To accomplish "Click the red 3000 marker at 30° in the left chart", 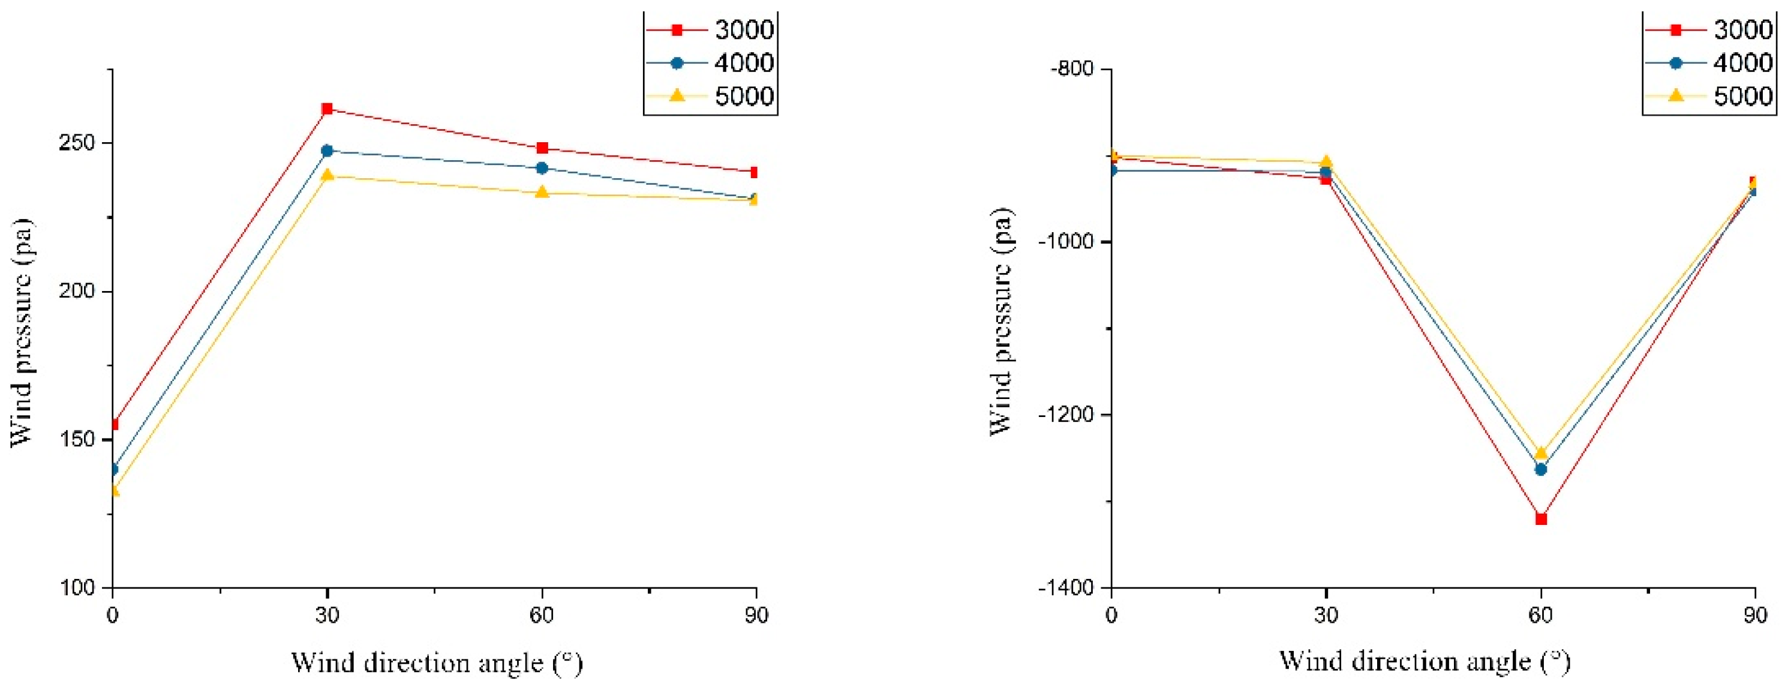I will [x=327, y=109].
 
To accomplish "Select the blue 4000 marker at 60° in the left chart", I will [x=542, y=168].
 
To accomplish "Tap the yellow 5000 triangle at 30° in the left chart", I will [x=327, y=175].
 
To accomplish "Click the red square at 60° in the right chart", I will [x=1540, y=518].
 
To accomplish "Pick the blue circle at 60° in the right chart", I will [x=1540, y=469].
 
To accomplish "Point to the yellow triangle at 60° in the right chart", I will [x=1540, y=454].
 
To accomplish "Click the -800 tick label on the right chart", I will [x=1072, y=68].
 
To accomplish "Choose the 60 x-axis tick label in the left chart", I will [x=542, y=615].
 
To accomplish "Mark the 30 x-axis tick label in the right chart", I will [x=1326, y=615].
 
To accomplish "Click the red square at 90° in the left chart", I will [x=754, y=172].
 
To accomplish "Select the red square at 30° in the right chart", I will [x=1326, y=179].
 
